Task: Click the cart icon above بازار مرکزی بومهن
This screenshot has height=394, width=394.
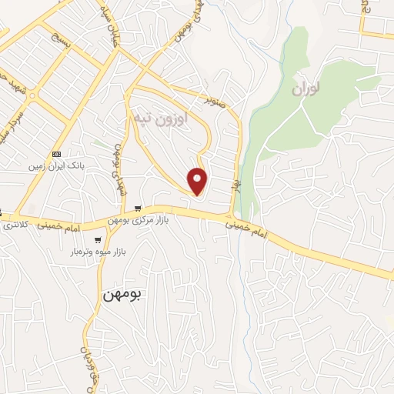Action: (138, 209)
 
